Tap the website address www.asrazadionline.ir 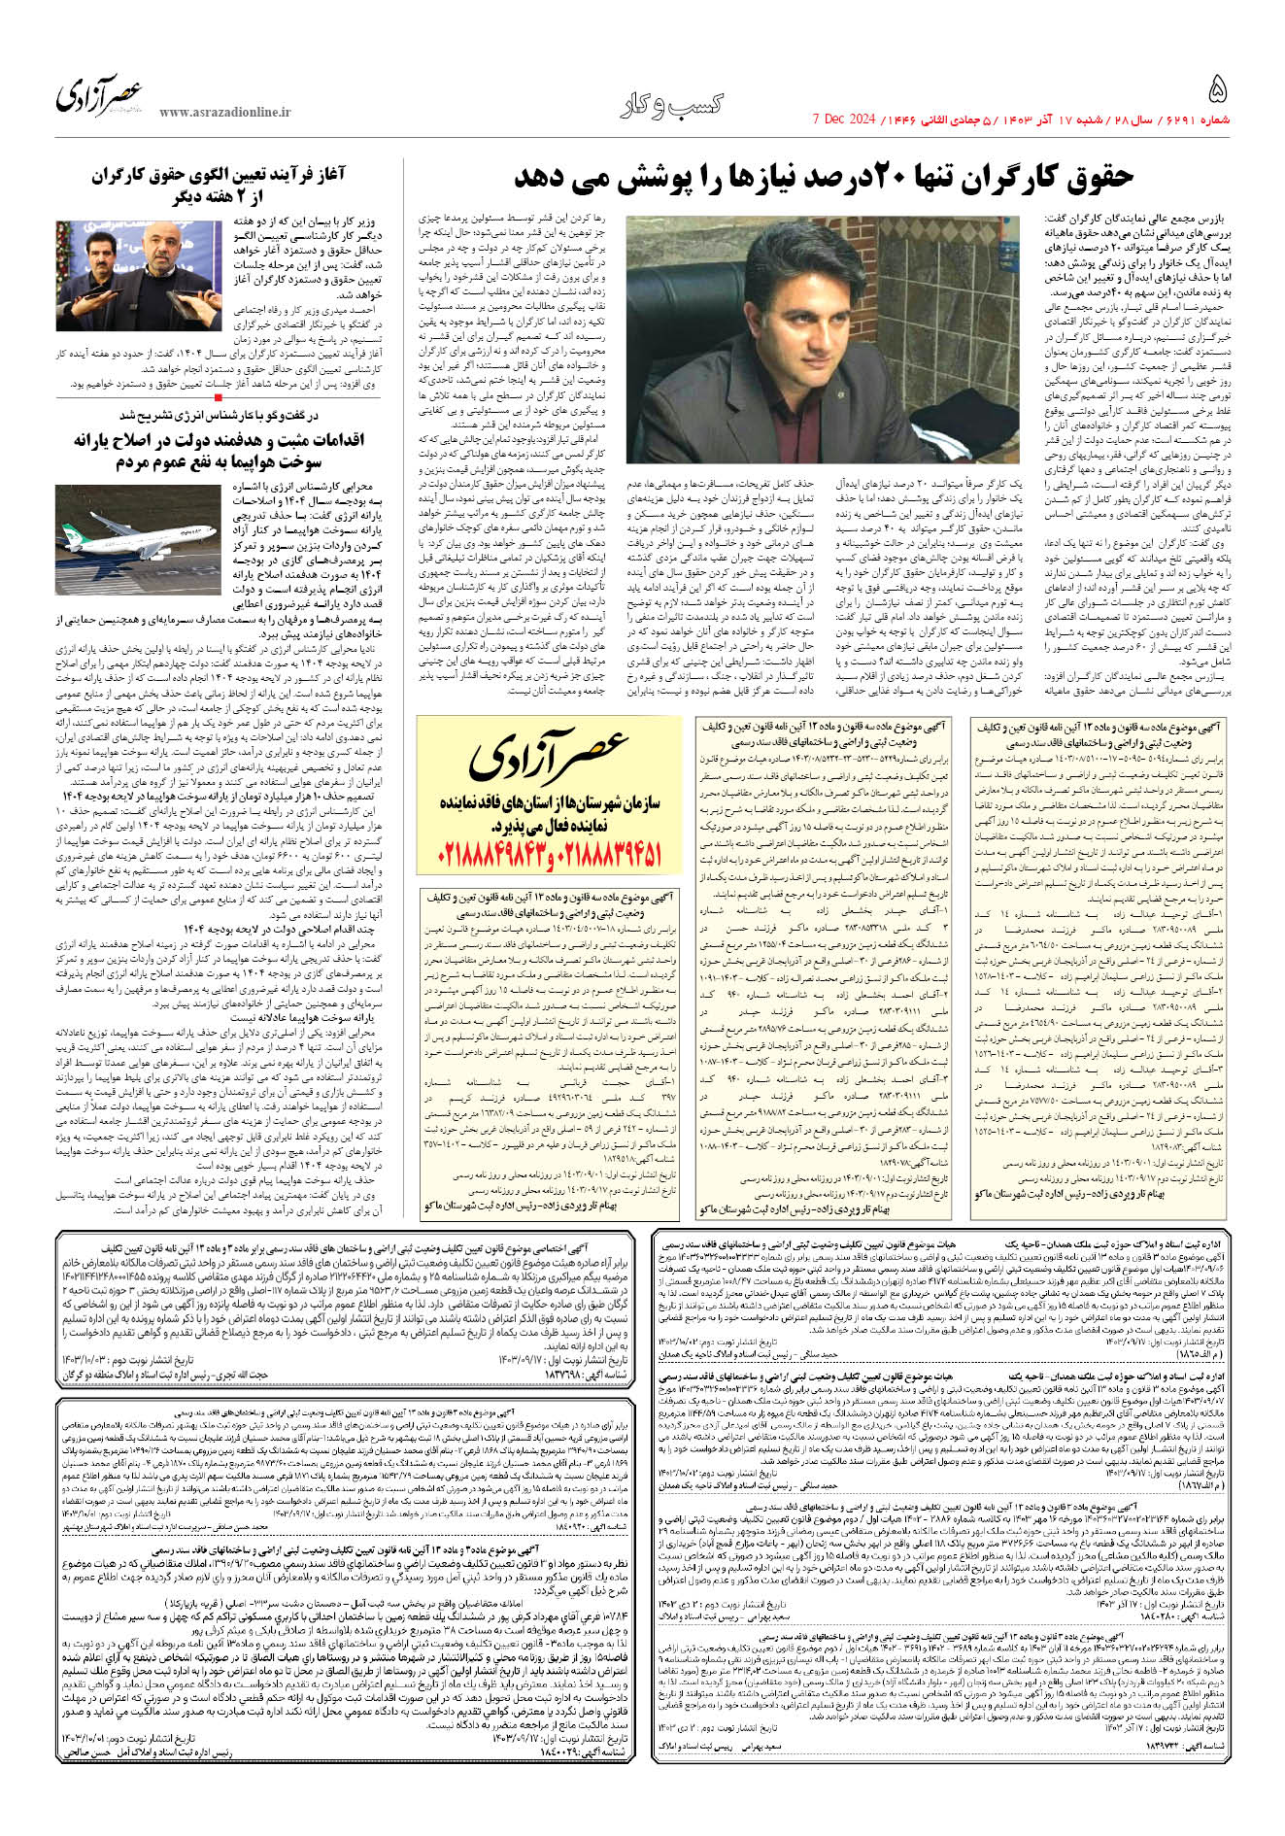pyautogui.click(x=224, y=113)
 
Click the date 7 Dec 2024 pyautogui.click(x=843, y=119)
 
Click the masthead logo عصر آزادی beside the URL pyautogui.click(x=98, y=95)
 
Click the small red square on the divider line pyautogui.click(x=220, y=396)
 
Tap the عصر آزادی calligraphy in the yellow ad pyautogui.click(x=549, y=758)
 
